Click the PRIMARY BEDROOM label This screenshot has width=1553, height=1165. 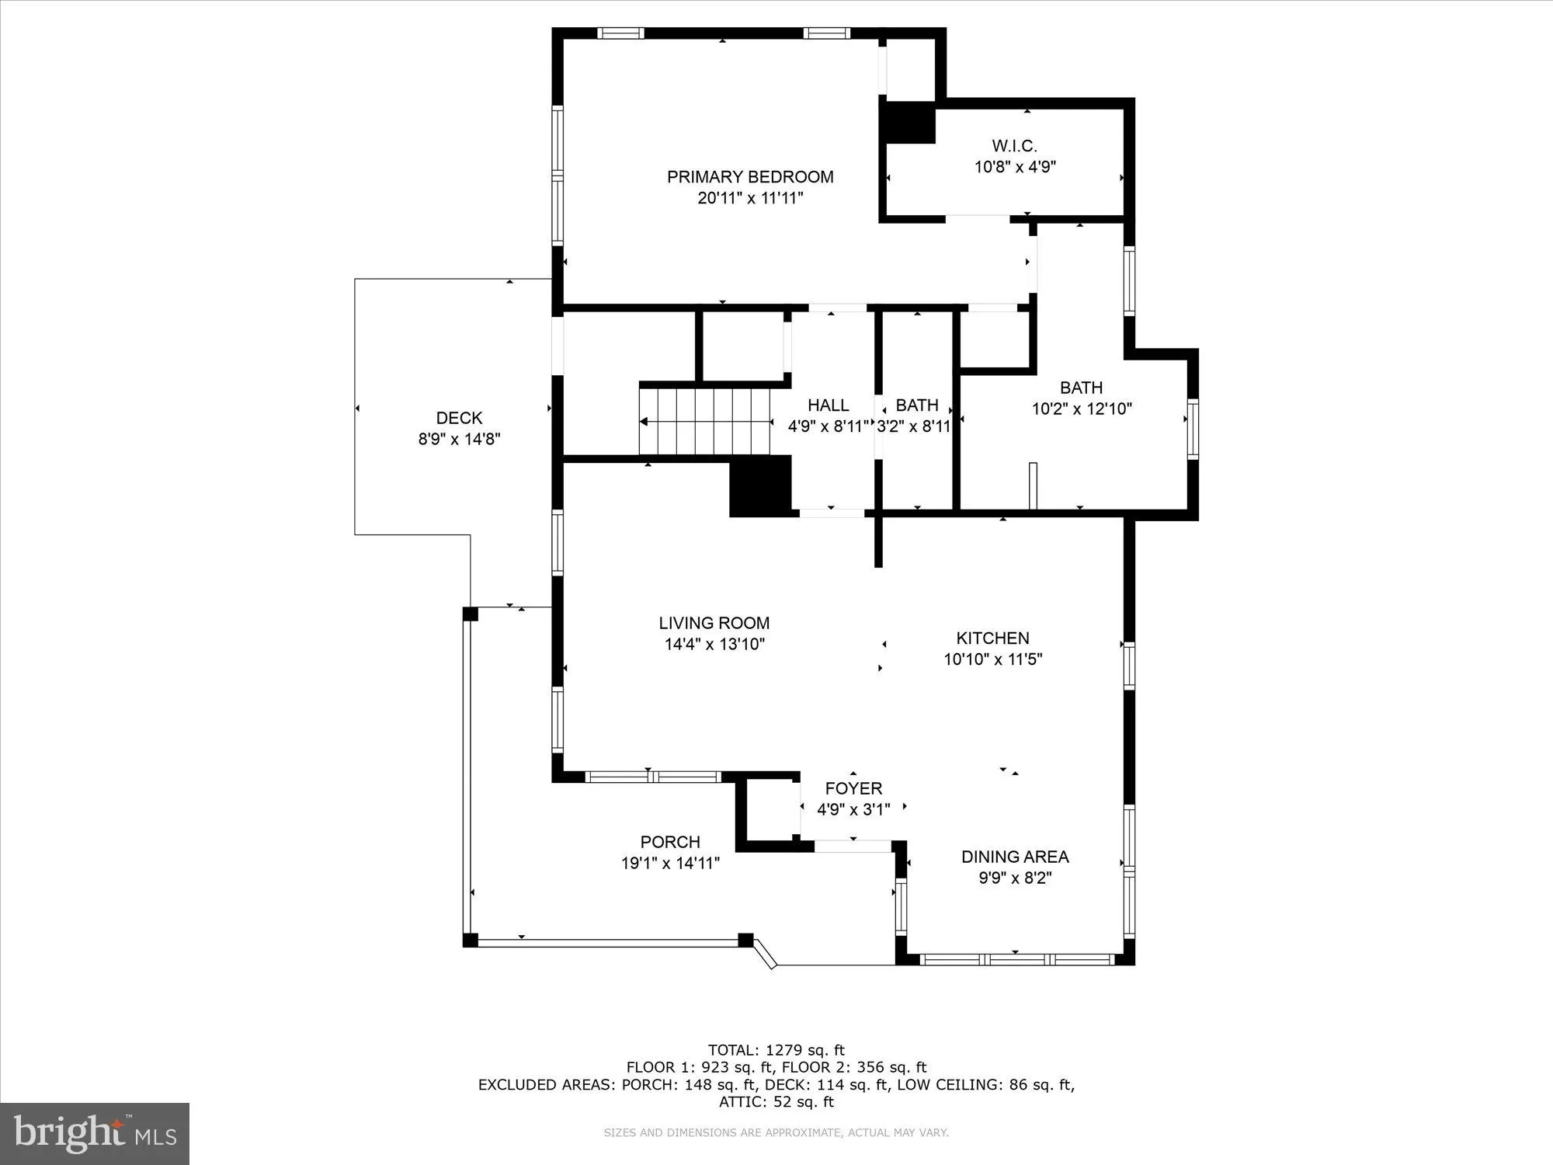coord(750,177)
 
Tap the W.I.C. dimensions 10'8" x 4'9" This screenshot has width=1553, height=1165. coord(1015,167)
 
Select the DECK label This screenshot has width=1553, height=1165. coord(459,418)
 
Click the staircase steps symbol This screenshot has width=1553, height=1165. coord(705,422)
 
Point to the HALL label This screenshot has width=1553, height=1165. coord(828,405)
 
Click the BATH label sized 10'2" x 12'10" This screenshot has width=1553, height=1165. coord(1081,388)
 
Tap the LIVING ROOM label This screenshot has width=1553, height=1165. coord(714,623)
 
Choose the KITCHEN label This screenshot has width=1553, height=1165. coord(992,638)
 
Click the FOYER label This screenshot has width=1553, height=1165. coord(853,789)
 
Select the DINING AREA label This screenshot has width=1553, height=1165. coord(1015,857)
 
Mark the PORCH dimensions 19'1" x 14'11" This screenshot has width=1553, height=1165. coord(670,863)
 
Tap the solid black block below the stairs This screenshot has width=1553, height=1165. coord(760,486)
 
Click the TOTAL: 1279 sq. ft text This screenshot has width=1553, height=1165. coord(776,1051)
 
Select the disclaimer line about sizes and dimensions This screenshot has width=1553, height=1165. coord(776,1133)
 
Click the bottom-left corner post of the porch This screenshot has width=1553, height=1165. coord(470,941)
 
